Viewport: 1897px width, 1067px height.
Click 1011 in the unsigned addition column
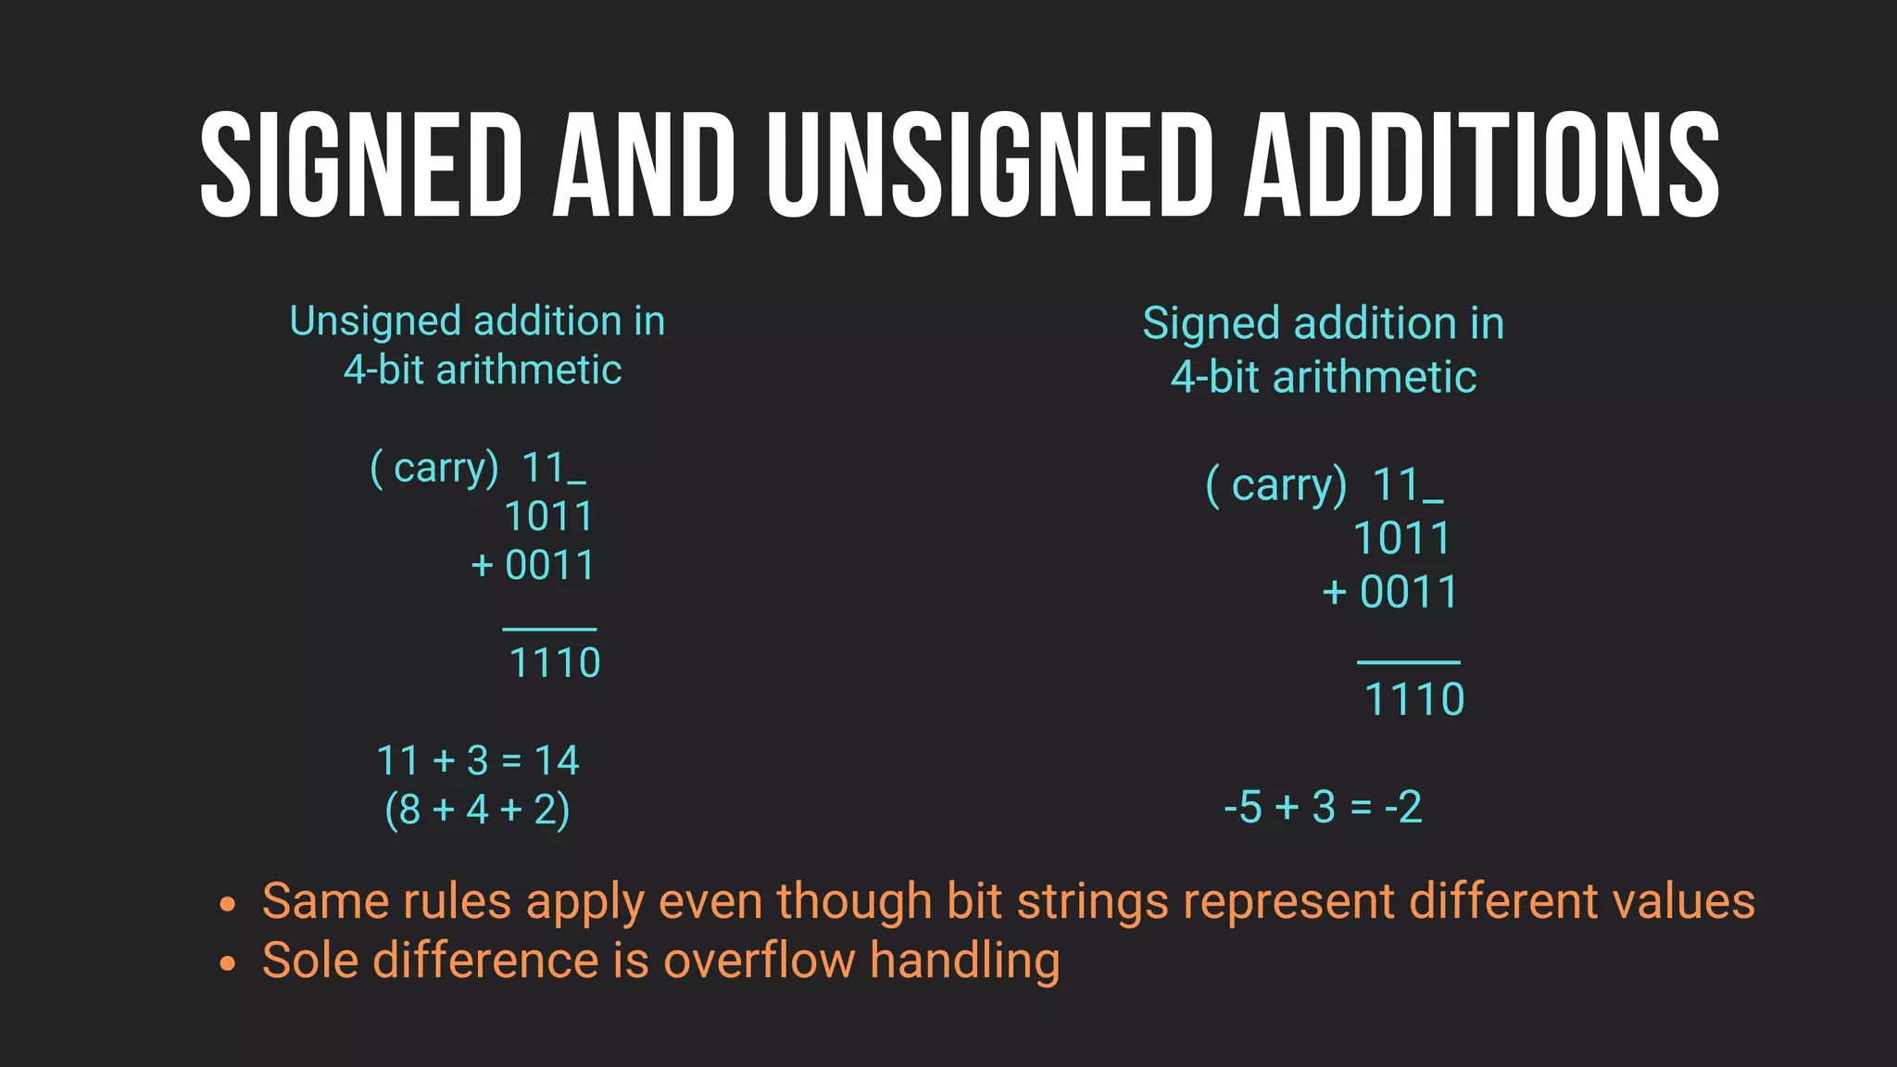tap(548, 517)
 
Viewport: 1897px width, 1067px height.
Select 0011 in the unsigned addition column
tap(549, 566)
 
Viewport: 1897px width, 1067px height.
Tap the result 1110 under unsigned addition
tap(555, 663)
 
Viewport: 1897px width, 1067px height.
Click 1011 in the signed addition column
tap(1401, 538)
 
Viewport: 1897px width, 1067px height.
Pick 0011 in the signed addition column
tap(1409, 593)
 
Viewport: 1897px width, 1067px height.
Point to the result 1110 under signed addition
tap(1414, 699)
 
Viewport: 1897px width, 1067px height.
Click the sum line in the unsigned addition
tap(549, 630)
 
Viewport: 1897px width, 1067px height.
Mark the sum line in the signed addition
tap(1408, 662)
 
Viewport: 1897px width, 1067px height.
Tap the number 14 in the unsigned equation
tap(557, 761)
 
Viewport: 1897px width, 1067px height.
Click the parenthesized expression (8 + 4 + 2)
tap(477, 810)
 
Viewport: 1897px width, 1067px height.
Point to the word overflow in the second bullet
tap(759, 960)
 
